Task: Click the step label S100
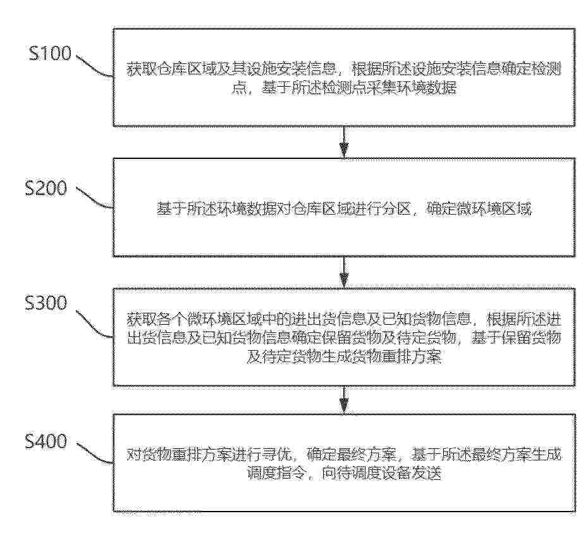coord(50,53)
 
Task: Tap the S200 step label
coord(46,187)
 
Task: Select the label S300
coord(46,303)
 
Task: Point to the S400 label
coord(46,441)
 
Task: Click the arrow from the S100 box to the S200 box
coord(344,142)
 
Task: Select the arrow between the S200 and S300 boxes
coord(344,272)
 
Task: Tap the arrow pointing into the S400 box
coord(344,400)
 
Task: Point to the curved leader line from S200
coord(94,199)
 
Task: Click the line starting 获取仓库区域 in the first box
coord(344,70)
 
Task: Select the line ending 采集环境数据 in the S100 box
coord(344,88)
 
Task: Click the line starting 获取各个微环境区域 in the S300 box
coord(344,319)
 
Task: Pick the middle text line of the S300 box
coord(344,337)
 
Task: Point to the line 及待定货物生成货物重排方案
coord(344,356)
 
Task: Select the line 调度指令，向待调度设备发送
coord(344,473)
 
